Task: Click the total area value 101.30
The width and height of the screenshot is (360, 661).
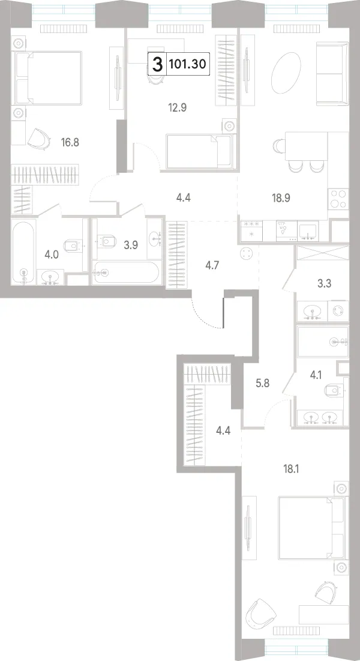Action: pos(187,64)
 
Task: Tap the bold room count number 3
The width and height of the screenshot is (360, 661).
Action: pos(157,64)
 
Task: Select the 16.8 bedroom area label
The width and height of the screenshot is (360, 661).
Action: pos(70,142)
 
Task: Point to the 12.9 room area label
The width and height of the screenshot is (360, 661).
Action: pos(177,107)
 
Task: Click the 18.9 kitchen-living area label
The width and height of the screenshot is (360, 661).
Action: pos(281,198)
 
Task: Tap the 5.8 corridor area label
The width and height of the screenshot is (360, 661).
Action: pos(262,384)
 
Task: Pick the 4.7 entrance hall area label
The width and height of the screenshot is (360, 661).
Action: pos(212,265)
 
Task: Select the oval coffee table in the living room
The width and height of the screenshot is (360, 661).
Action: pos(286,73)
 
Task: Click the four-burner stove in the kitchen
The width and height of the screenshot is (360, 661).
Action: pos(338,199)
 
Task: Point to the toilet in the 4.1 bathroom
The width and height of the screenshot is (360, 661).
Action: pos(337,390)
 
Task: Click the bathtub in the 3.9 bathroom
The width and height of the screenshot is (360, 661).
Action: pos(125,273)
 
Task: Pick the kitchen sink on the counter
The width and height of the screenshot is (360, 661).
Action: pos(308,231)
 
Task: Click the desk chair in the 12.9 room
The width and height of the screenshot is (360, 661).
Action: pos(155,76)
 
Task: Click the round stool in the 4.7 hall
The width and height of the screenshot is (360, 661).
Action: pos(246,254)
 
